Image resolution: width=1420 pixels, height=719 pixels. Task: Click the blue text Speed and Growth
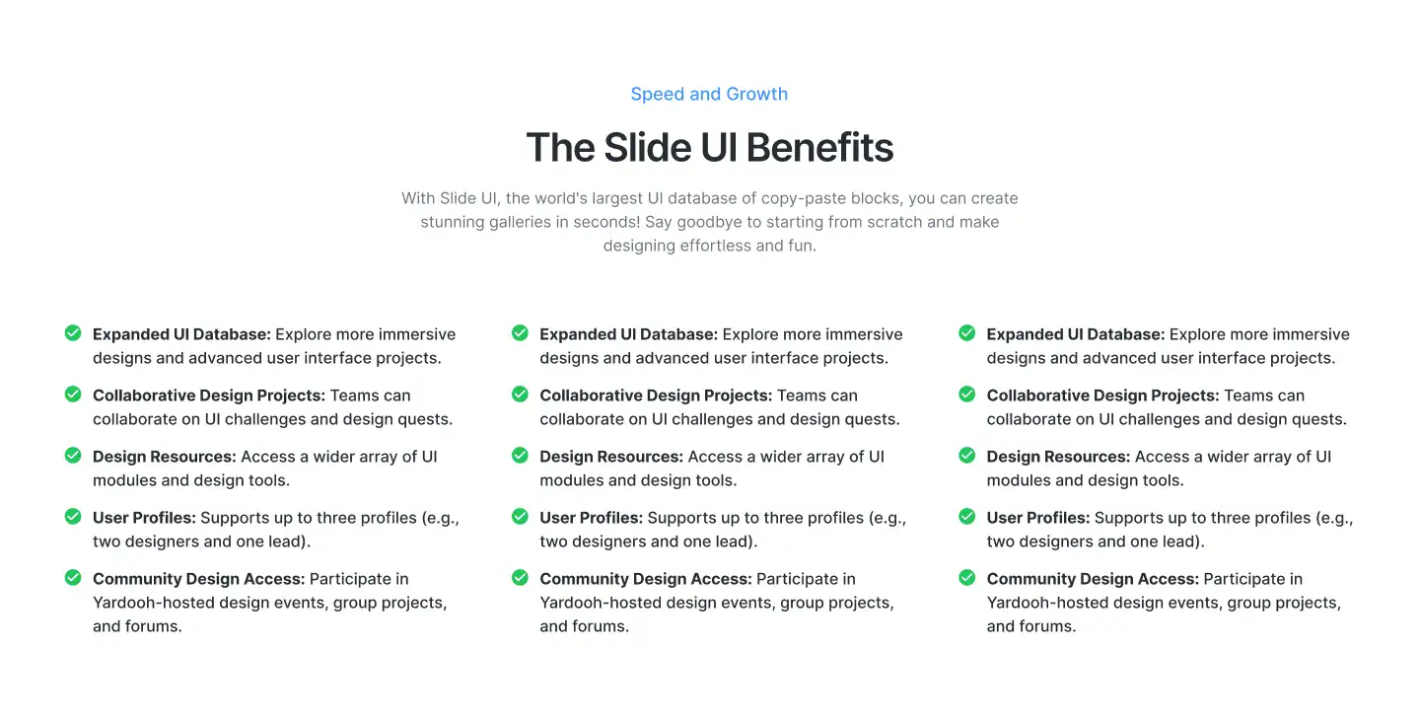coord(709,95)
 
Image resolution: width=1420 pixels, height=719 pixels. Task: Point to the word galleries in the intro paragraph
coord(512,222)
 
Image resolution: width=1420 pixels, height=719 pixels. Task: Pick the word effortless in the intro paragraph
coord(715,246)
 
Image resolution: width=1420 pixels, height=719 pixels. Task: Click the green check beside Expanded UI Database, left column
coord(73,333)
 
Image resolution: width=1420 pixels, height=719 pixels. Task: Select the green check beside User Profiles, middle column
coord(520,517)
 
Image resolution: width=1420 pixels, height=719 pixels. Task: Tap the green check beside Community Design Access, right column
coord(967,578)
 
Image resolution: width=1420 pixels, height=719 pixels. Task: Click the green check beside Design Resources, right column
coord(967,456)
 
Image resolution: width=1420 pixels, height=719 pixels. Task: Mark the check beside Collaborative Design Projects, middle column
coord(520,395)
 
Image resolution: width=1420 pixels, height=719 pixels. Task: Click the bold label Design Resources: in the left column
coord(165,457)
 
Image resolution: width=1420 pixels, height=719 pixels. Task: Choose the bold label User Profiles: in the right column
coord(1038,518)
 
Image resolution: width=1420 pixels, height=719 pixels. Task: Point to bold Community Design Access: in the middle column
coord(646,579)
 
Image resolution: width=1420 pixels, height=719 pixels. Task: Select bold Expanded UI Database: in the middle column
coord(628,334)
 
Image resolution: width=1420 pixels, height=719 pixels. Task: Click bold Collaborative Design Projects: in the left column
coord(209,395)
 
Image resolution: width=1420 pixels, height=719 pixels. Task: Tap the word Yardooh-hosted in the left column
coord(149,603)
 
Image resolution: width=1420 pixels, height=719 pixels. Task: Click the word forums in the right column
coord(1046,626)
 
